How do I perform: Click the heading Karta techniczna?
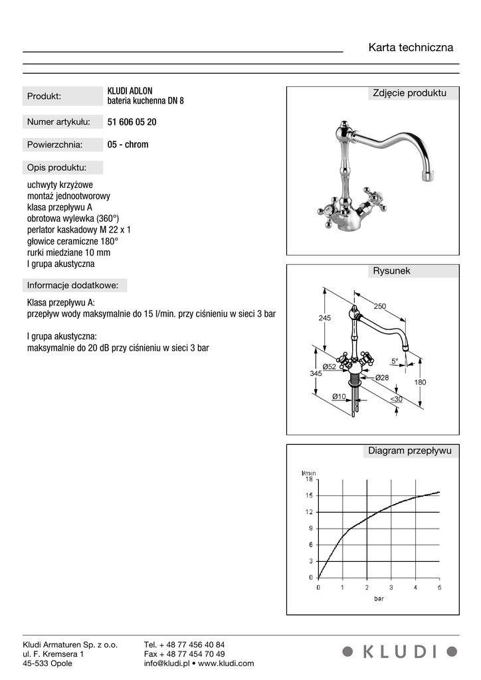click(x=411, y=48)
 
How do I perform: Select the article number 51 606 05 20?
click(x=132, y=122)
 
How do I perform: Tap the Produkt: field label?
click(x=44, y=96)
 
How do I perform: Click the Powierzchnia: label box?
click(x=54, y=144)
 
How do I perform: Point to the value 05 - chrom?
click(x=128, y=144)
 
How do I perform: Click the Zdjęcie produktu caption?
click(x=409, y=93)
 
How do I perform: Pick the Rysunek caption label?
click(x=391, y=271)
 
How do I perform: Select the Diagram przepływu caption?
click(x=409, y=451)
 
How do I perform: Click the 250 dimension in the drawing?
click(x=379, y=306)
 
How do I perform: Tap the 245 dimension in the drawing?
click(x=324, y=318)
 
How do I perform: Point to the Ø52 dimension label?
click(x=329, y=367)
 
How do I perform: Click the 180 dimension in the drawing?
click(x=420, y=382)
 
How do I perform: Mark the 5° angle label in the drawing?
click(x=395, y=361)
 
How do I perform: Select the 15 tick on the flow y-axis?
click(x=309, y=495)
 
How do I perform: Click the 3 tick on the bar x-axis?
click(x=391, y=588)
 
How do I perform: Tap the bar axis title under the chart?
click(x=378, y=598)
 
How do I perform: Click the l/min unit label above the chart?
click(x=309, y=472)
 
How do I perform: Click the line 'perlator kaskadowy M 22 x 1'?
click(x=78, y=229)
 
